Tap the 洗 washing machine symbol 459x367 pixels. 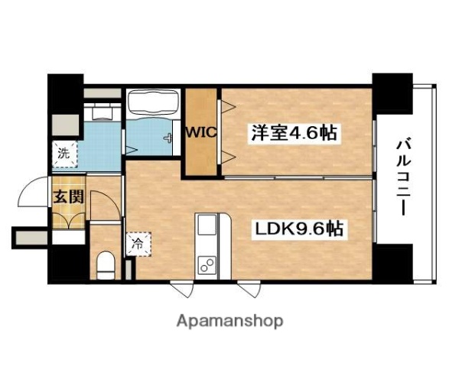click(63, 152)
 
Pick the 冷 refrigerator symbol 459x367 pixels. click(137, 245)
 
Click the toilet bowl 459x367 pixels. click(106, 265)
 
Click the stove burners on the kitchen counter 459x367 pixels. click(207, 265)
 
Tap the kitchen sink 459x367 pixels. click(207, 226)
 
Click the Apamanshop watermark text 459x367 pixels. click(230, 320)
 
